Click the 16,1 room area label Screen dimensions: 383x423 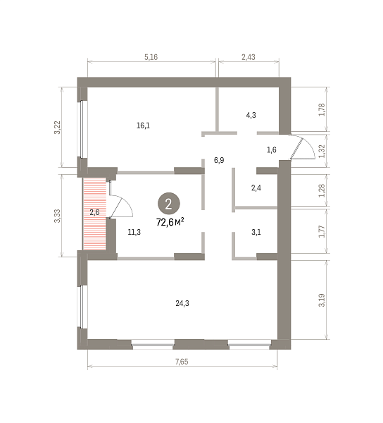[144, 125]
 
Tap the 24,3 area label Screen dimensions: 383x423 [182, 303]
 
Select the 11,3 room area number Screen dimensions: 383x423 [134, 232]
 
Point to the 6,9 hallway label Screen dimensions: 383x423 [219, 161]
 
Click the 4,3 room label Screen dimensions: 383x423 [251, 115]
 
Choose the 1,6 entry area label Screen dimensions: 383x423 [272, 149]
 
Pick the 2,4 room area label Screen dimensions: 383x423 [256, 188]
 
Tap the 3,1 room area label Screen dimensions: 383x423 [256, 232]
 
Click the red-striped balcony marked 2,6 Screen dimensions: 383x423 [94, 214]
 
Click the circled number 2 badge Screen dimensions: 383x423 [168, 204]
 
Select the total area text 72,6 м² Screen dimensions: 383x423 [170, 222]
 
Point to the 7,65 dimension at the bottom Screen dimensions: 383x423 [182, 362]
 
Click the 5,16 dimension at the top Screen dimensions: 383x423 [151, 57]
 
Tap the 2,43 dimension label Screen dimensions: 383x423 [249, 57]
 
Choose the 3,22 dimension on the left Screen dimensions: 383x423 [58, 128]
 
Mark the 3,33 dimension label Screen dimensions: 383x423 [58, 216]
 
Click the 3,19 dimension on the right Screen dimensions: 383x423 [322, 300]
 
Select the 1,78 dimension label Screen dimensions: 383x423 [322, 109]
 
